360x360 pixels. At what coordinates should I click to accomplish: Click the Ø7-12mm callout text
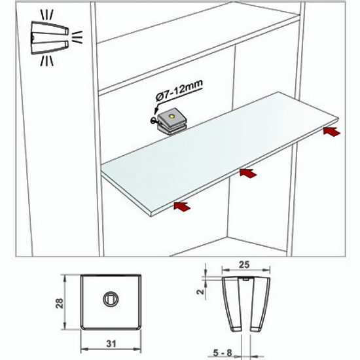click(x=179, y=90)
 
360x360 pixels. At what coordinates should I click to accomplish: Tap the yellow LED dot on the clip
click(x=171, y=117)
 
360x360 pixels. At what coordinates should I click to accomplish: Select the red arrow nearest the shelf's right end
click(x=332, y=132)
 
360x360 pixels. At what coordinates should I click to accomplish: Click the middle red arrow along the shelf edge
click(x=248, y=173)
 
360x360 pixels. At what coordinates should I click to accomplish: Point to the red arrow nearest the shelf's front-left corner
click(x=182, y=206)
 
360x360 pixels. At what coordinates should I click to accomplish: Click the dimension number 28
click(x=60, y=303)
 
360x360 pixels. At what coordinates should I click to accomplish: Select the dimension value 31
click(x=111, y=344)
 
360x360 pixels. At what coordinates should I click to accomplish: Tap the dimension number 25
click(x=244, y=264)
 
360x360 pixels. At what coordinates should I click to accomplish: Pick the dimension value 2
click(x=201, y=292)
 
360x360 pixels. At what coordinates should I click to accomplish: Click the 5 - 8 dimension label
click(x=223, y=353)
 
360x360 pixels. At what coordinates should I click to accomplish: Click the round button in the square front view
click(x=111, y=299)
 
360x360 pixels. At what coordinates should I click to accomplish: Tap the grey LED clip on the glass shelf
click(x=171, y=121)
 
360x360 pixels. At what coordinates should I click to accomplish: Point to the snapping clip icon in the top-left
click(x=50, y=38)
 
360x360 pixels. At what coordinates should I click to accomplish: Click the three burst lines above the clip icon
click(x=47, y=14)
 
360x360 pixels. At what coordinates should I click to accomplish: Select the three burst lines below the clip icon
click(x=47, y=62)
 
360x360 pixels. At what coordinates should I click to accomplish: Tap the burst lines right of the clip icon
click(x=77, y=37)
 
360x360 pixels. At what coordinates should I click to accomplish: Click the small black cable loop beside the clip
click(x=153, y=120)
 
